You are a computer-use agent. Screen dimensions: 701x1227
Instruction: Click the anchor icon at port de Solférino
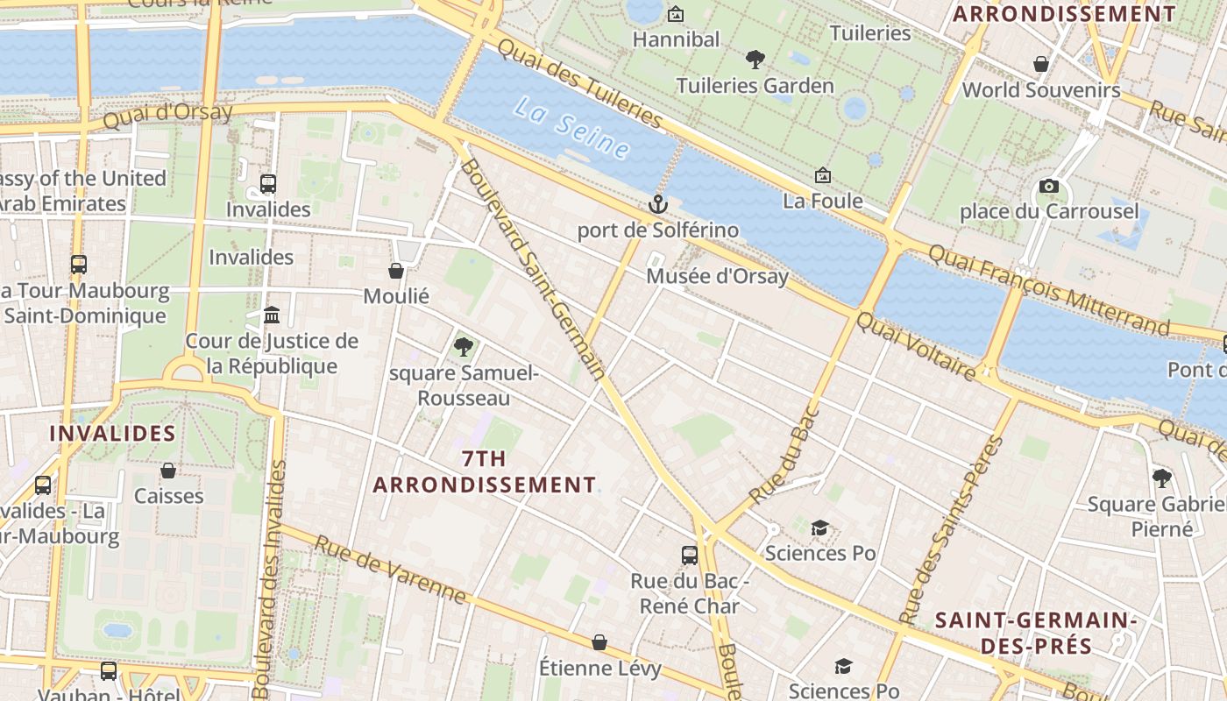[x=657, y=204]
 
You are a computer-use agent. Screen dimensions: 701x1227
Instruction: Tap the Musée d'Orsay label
[x=717, y=277]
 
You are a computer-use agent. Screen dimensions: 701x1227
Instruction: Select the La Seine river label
[x=571, y=128]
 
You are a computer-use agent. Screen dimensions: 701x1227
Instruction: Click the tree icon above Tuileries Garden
[x=755, y=60]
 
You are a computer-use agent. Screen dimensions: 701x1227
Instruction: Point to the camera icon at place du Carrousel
[x=1048, y=186]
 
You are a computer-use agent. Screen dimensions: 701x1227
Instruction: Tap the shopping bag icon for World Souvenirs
[x=1041, y=64]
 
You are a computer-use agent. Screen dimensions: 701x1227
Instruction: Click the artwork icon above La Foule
[x=822, y=176]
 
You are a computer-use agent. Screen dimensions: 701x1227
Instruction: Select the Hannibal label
[x=676, y=39]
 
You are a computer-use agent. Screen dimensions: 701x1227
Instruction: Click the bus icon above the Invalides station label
[x=268, y=184]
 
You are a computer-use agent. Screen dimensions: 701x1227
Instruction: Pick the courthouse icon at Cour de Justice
[x=272, y=315]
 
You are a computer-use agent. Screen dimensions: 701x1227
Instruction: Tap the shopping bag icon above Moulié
[x=396, y=271]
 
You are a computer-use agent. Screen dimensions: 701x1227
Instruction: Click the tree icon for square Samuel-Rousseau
[x=463, y=347]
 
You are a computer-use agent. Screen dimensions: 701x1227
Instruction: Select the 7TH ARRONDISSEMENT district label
[x=484, y=471]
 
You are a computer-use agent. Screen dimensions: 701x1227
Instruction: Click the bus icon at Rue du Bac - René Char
[x=690, y=555]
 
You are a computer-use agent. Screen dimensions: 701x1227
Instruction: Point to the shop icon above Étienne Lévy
[x=599, y=642]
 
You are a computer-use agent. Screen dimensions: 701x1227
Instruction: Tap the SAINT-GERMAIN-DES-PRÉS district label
[x=1036, y=634]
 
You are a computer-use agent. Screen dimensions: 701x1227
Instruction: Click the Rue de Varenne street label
[x=390, y=570]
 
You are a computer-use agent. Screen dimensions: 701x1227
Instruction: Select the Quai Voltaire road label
[x=915, y=348]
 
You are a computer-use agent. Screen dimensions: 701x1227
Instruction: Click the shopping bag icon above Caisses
[x=168, y=471]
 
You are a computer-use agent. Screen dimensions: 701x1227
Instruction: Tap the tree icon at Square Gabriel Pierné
[x=1162, y=478]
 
